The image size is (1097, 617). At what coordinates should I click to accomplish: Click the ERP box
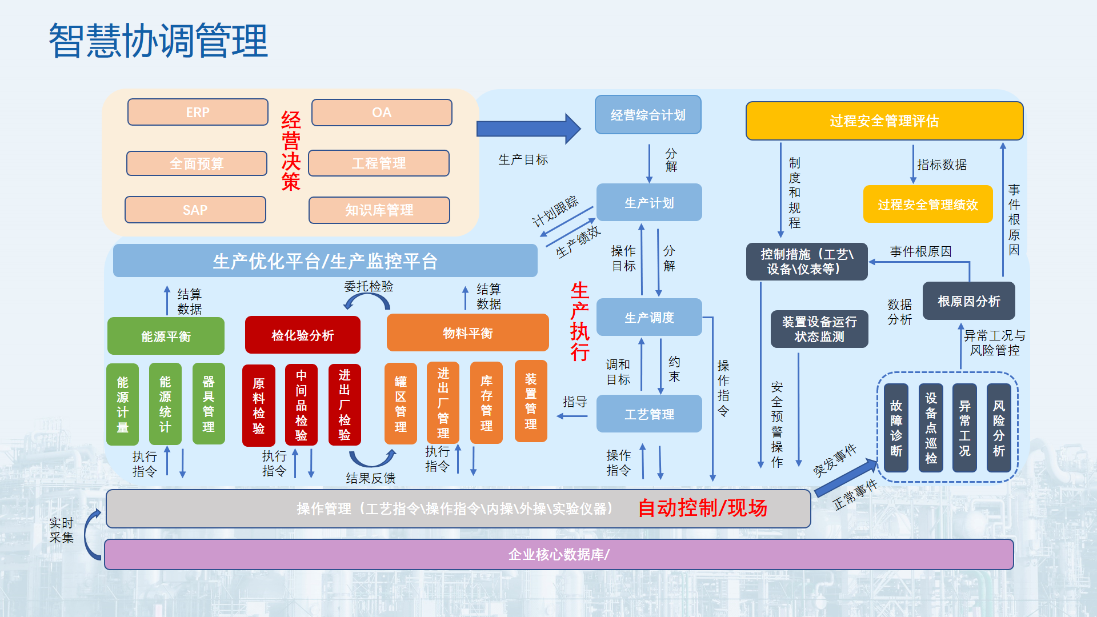pos(198,112)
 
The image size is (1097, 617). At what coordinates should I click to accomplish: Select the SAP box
pos(195,210)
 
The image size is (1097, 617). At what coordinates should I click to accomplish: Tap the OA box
pos(382,113)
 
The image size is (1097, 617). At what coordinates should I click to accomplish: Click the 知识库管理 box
pos(379,210)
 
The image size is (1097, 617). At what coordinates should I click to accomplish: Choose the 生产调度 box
pos(649,317)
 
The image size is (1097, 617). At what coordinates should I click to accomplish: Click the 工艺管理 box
pos(649,414)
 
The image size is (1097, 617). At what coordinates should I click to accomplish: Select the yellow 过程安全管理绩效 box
pos(928,204)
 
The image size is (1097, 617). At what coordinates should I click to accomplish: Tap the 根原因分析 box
pos(968,301)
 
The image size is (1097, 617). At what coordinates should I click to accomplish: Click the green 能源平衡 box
pos(166,336)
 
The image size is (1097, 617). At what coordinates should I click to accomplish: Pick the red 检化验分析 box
pos(303,335)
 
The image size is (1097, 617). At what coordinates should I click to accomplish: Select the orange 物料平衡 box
pos(467,333)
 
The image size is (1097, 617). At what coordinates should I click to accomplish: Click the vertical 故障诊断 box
pos(896,428)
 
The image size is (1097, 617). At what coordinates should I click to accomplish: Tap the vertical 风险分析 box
pos(999,428)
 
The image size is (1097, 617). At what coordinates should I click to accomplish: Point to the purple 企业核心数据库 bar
pos(559,554)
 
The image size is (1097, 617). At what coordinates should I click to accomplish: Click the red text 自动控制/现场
pos(702,507)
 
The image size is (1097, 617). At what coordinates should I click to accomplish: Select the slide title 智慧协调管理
pos(158,41)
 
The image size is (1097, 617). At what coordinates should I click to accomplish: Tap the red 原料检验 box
pos(259,405)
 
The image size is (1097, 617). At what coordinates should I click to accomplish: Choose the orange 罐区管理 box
pos(401,403)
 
